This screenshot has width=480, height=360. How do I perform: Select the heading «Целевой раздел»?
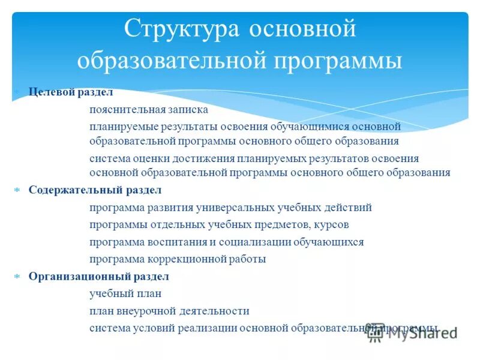click(x=71, y=92)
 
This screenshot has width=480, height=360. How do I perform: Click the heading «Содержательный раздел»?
click(x=95, y=190)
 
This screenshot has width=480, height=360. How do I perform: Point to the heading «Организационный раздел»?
click(x=99, y=277)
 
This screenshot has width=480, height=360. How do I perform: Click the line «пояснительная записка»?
click(x=149, y=110)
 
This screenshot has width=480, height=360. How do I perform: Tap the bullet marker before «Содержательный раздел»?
click(x=17, y=190)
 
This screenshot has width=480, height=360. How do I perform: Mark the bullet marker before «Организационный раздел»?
click(x=17, y=277)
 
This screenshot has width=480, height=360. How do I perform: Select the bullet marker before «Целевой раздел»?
click(x=17, y=92)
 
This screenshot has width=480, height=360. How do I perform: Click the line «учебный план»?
click(x=125, y=294)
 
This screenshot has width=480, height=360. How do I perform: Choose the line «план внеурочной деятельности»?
click(x=169, y=311)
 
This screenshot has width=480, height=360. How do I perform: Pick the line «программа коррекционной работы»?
click(x=178, y=259)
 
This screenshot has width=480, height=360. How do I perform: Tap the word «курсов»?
click(x=331, y=225)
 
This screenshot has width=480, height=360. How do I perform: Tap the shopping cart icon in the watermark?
click(x=376, y=333)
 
